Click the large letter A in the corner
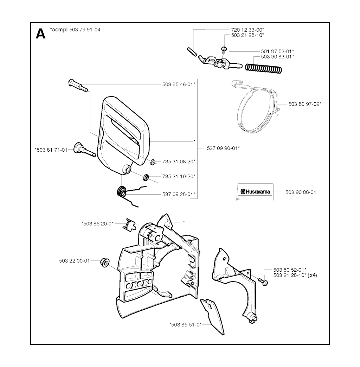40,34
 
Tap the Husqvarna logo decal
254,192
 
